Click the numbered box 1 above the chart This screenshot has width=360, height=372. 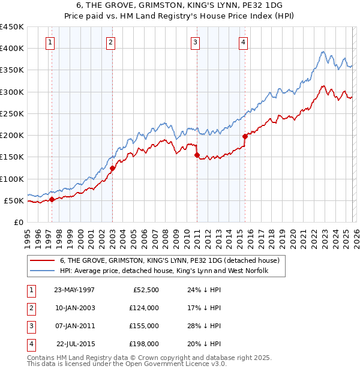(x=49, y=42)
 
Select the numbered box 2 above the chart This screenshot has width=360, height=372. (x=112, y=42)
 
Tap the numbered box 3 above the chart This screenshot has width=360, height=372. (x=196, y=42)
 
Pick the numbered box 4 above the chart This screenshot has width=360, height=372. (x=243, y=42)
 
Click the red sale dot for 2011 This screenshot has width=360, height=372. (x=197, y=155)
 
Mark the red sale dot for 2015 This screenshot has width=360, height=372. (x=245, y=136)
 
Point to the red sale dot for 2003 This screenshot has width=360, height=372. (x=112, y=168)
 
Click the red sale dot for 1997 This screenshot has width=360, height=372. (x=52, y=199)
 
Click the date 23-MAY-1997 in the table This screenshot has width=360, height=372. (x=74, y=289)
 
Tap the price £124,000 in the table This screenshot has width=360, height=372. (x=144, y=308)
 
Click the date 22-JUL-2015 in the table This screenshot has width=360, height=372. (x=76, y=344)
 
